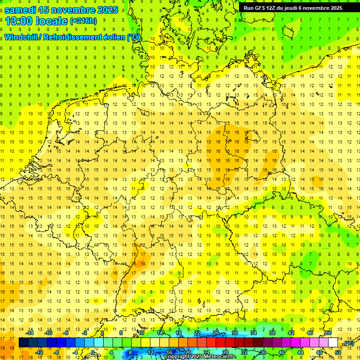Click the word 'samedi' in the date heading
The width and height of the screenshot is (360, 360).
(21, 9)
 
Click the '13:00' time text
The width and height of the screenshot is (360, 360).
(19, 21)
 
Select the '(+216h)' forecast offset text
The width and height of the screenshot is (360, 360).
(83, 21)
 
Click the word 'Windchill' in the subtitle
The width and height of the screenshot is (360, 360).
(21, 37)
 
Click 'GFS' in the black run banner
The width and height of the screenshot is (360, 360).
(261, 8)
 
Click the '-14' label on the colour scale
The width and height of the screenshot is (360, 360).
(31, 333)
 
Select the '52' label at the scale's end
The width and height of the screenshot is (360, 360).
(337, 352)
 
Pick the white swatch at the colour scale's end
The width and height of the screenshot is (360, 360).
(333, 343)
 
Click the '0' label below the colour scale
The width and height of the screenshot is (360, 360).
(93, 352)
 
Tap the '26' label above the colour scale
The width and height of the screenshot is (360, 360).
(216, 333)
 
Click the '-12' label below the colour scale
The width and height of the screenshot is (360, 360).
(40, 352)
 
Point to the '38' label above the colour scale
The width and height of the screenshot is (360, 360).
(272, 333)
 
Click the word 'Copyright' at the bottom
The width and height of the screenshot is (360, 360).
(177, 357)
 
